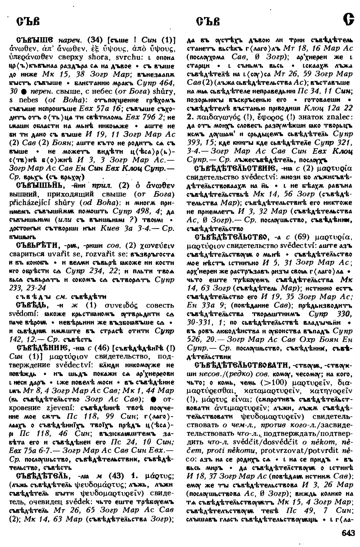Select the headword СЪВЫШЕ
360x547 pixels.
pos(36,40)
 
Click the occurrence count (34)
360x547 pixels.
pos(93,40)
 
